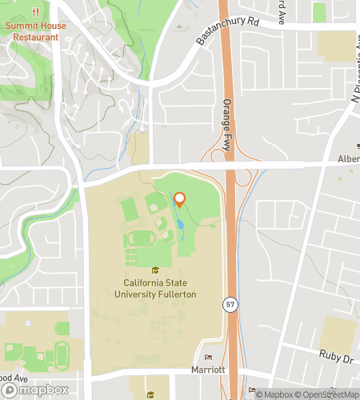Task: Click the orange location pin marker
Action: pyautogui.click(x=180, y=200)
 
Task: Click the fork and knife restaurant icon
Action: pyautogui.click(x=35, y=13)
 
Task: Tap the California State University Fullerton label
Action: pyautogui.click(x=171, y=289)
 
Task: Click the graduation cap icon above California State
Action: pyautogui.click(x=154, y=271)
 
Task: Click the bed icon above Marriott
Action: pyautogui.click(x=210, y=358)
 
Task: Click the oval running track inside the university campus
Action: pyautogui.click(x=142, y=238)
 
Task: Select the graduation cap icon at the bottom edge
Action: pyautogui.click(x=154, y=394)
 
